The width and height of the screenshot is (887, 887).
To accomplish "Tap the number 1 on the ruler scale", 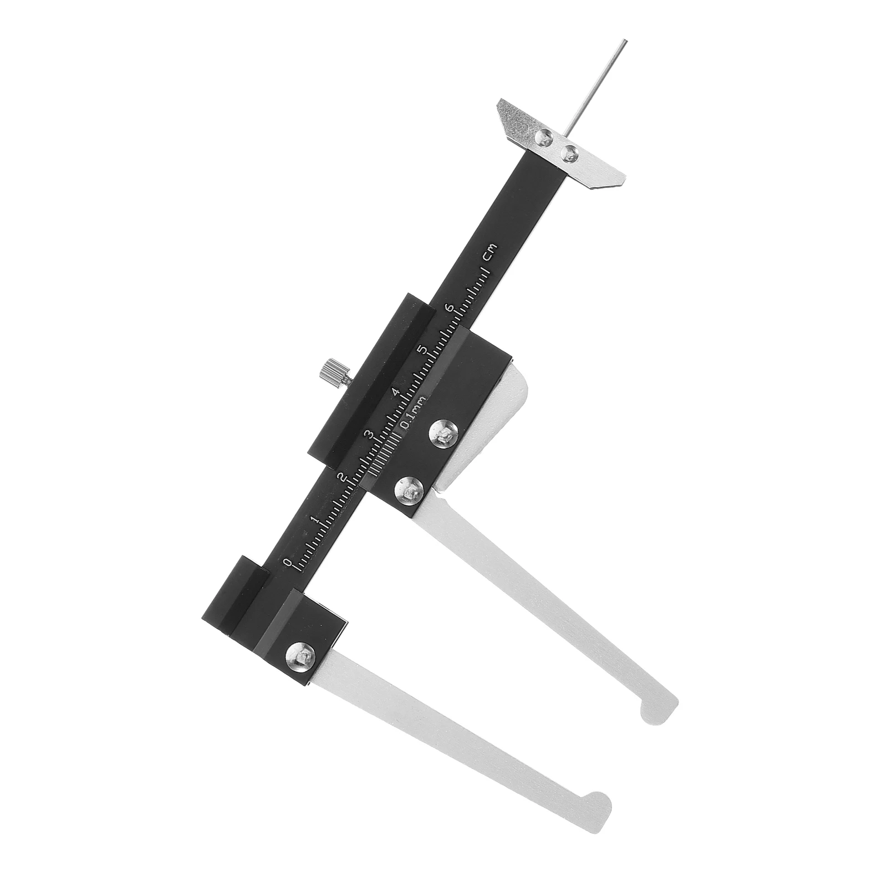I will (314, 519).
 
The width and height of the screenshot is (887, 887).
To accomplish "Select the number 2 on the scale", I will (341, 477).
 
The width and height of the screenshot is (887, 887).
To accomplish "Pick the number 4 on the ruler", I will (395, 392).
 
